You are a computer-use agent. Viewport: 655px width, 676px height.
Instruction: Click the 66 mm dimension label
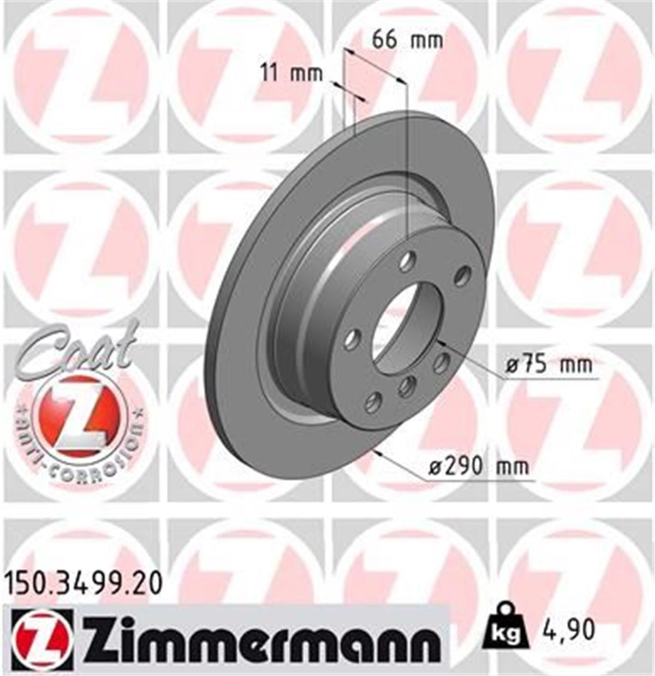407,40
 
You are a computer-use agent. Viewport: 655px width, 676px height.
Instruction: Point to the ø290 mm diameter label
478,467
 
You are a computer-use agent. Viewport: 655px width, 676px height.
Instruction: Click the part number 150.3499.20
84,584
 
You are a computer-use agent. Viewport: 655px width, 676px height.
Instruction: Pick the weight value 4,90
568,631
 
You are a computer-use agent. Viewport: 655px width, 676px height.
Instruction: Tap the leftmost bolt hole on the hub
350,339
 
